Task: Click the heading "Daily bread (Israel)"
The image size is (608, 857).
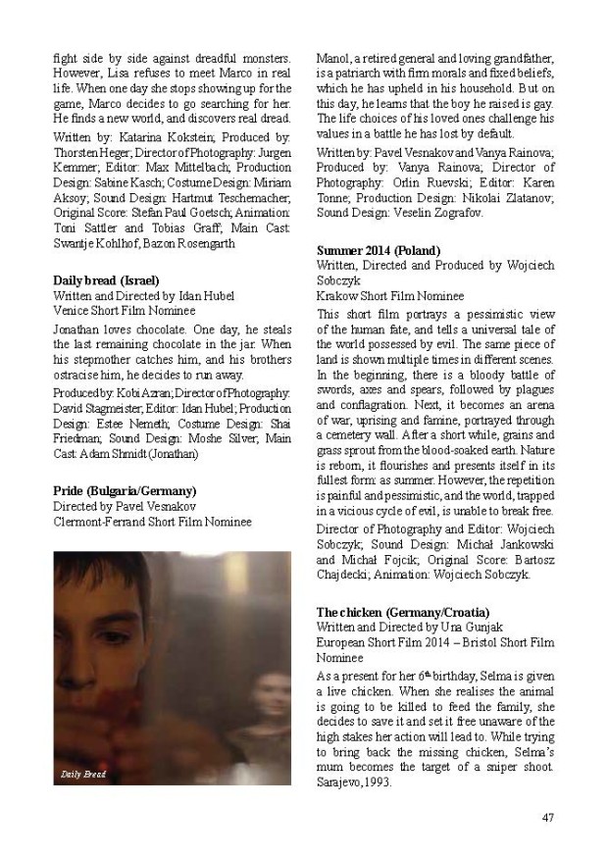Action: click(105, 280)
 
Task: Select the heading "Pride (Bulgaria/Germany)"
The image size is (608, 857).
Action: click(124, 490)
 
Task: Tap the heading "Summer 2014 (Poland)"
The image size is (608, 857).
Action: click(379, 251)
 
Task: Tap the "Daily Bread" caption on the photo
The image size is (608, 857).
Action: click(82, 775)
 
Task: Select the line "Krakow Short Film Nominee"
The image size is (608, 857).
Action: click(390, 294)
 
